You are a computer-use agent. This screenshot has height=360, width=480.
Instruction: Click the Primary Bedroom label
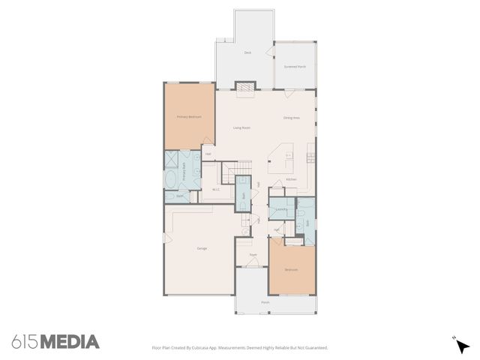(189, 117)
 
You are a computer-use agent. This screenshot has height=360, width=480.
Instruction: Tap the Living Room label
(241, 128)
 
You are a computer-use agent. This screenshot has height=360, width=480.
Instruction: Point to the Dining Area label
(292, 118)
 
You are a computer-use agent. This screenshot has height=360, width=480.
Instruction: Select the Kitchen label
(291, 179)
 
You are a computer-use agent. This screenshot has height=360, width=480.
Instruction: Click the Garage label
(202, 248)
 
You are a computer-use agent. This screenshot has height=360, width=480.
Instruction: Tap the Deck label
(247, 52)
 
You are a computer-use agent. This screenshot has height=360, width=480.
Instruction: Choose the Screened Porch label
(295, 67)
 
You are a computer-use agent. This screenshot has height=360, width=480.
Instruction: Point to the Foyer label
(253, 254)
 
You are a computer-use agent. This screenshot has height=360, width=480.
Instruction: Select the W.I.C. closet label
(216, 189)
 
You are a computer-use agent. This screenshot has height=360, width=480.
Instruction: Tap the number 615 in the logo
(25, 342)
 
